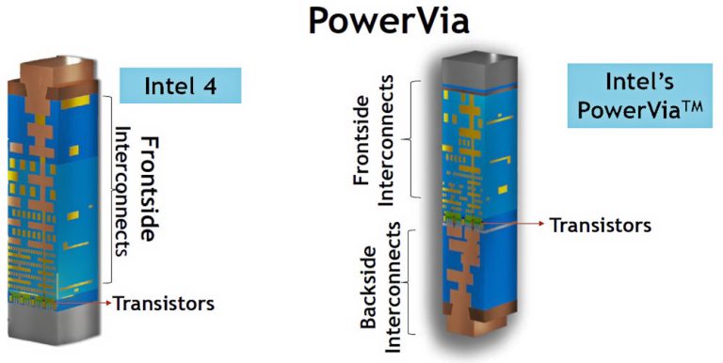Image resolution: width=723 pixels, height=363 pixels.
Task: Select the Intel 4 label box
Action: tap(181, 86)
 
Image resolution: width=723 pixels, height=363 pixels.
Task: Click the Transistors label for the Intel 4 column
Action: tap(164, 303)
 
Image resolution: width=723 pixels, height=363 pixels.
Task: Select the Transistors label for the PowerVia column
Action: tap(600, 225)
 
